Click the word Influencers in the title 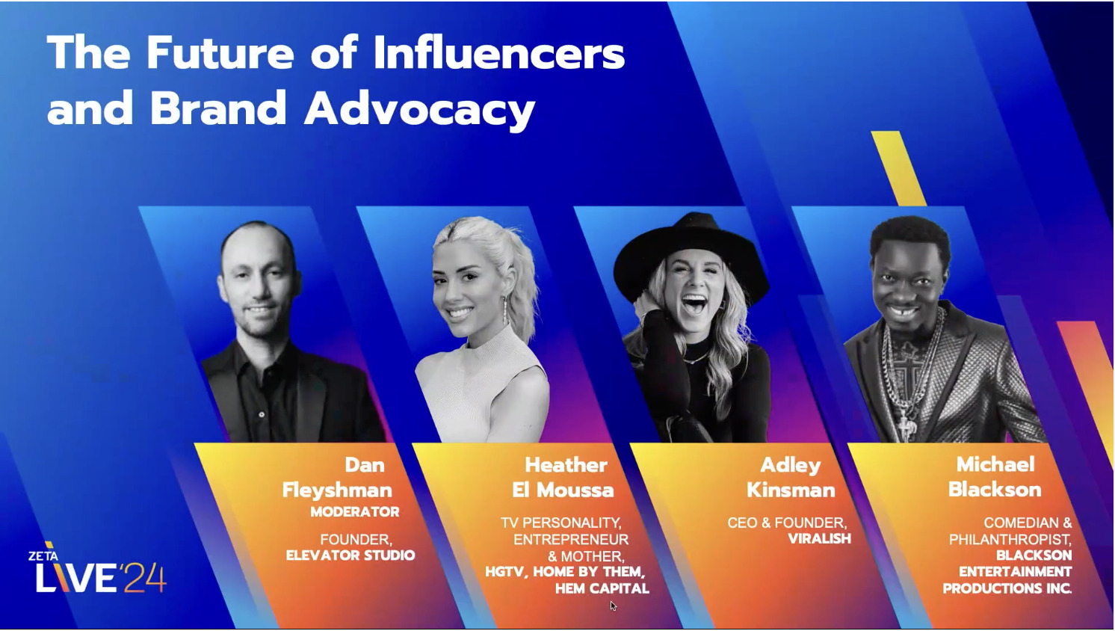tap(498, 54)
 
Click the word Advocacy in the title tap(419, 109)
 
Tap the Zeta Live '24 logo tap(98, 570)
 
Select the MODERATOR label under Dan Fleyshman tap(354, 512)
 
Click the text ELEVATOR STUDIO tap(350, 555)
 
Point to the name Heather tap(566, 465)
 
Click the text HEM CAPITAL tap(602, 589)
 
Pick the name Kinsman tap(791, 490)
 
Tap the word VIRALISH tap(819, 539)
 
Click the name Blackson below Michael tap(995, 490)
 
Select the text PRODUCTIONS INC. tap(1007, 589)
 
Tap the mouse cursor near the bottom tap(613, 606)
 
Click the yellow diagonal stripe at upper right tap(898, 168)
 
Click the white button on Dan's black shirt tap(262, 413)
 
